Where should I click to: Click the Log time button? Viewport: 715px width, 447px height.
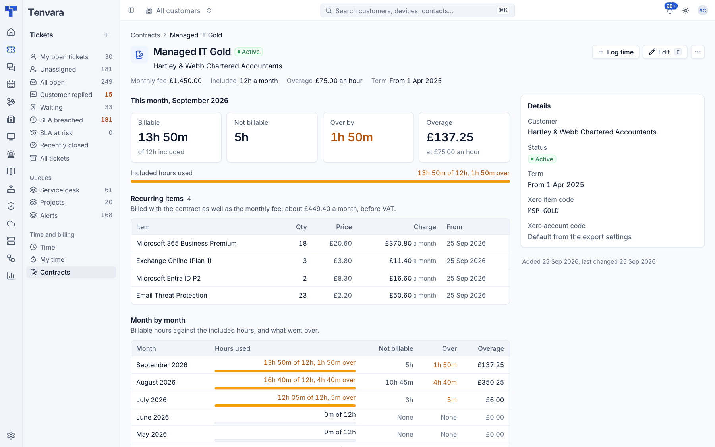[x=615, y=52]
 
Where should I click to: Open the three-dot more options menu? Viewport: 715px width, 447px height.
[x=698, y=52]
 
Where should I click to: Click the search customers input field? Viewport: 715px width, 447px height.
[x=417, y=11]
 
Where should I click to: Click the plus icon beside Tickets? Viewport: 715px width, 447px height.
[x=106, y=35]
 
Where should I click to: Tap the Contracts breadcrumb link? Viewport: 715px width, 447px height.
[x=145, y=35]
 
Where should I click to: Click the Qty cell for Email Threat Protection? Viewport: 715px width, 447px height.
[x=303, y=295]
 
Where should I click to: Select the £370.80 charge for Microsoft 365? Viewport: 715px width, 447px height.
[x=398, y=243]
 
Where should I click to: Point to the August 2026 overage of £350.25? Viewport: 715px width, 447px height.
[x=491, y=382]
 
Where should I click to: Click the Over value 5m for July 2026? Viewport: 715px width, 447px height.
[x=452, y=400]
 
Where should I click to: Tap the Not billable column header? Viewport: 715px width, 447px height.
[x=396, y=348]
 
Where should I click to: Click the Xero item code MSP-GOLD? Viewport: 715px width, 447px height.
[x=543, y=211]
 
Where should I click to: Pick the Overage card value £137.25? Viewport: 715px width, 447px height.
[x=450, y=137]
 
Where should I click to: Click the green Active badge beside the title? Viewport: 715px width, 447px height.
[x=249, y=52]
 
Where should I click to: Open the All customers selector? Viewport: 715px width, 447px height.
[x=178, y=11]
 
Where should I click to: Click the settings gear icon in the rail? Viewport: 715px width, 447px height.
[x=11, y=435]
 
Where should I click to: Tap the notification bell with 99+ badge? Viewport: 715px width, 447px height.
[x=670, y=11]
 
